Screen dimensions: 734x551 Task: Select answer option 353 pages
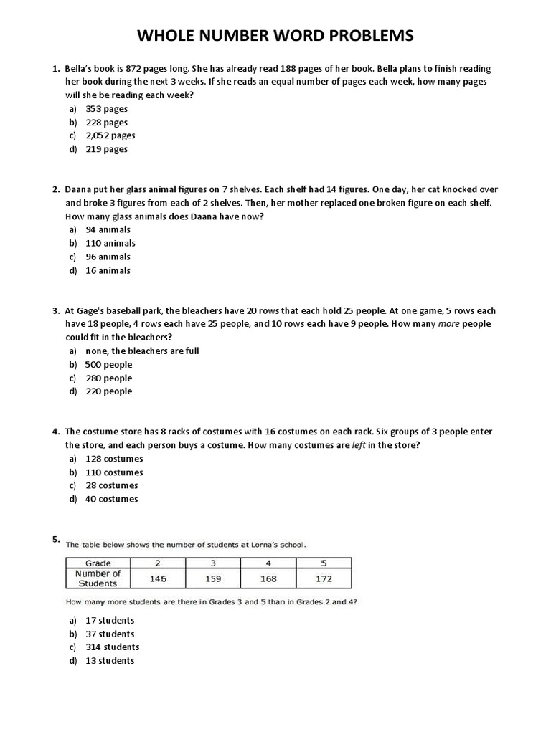pyautogui.click(x=106, y=109)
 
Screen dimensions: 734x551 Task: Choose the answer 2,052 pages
pyautogui.click(x=110, y=135)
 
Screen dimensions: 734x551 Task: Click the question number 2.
pyautogui.click(x=55, y=190)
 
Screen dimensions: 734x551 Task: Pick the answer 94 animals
pyautogui.click(x=108, y=230)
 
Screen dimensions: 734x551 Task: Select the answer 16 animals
pyautogui.click(x=108, y=270)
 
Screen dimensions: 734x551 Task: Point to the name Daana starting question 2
pyautogui.click(x=78, y=190)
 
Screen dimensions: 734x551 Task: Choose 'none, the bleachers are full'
pyautogui.click(x=142, y=351)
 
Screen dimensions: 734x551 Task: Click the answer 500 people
pyautogui.click(x=108, y=365)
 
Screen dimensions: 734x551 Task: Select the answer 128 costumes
pyautogui.click(x=114, y=459)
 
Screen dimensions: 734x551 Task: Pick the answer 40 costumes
pyautogui.click(x=111, y=499)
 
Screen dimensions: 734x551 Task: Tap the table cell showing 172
pyautogui.click(x=324, y=578)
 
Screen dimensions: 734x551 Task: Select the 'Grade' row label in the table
pyautogui.click(x=98, y=563)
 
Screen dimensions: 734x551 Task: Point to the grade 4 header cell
pyautogui.click(x=268, y=563)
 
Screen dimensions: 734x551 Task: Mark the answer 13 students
pyautogui.click(x=110, y=661)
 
